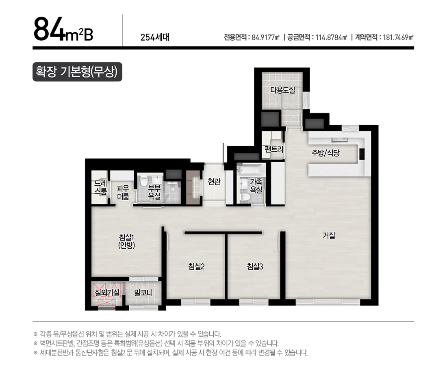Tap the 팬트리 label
tap(273, 149)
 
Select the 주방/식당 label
tap(325, 153)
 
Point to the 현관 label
tap(214, 182)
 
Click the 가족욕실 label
tap(256, 186)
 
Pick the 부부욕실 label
tap(154, 191)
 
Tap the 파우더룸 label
tap(123, 192)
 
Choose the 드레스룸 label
tap(100, 187)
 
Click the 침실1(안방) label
tap(126, 241)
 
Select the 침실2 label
tap(196, 267)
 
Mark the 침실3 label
tap(255, 267)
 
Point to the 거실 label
tap(329, 235)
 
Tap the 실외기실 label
tap(106, 292)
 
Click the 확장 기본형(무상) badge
tap(77, 72)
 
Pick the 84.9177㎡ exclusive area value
tap(266, 38)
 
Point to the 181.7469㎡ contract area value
tap(397, 38)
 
